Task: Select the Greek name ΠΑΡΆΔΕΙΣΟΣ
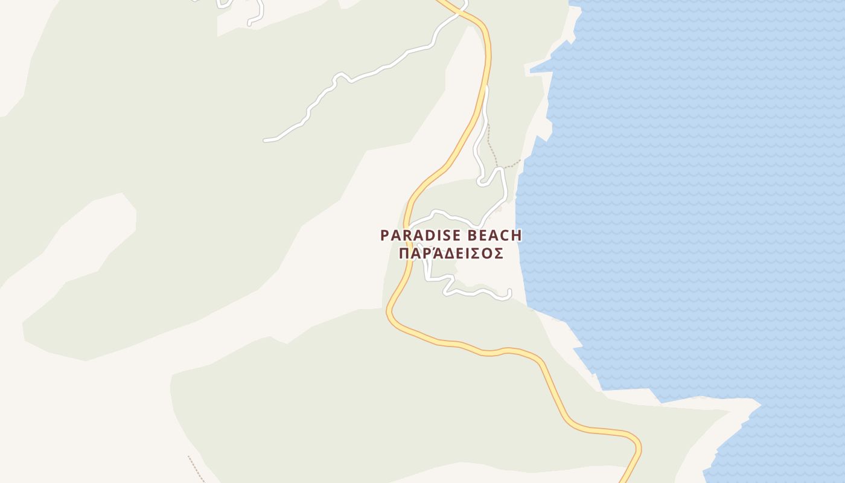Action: (x=451, y=254)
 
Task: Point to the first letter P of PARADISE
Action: (x=384, y=235)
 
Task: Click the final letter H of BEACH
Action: (x=516, y=235)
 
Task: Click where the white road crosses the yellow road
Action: (x=460, y=11)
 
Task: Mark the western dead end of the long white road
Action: (x=265, y=140)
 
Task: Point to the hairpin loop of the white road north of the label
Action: (x=481, y=182)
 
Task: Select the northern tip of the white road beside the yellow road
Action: (x=485, y=88)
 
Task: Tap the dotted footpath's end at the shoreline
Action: (x=520, y=161)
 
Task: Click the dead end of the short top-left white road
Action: (x=249, y=24)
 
